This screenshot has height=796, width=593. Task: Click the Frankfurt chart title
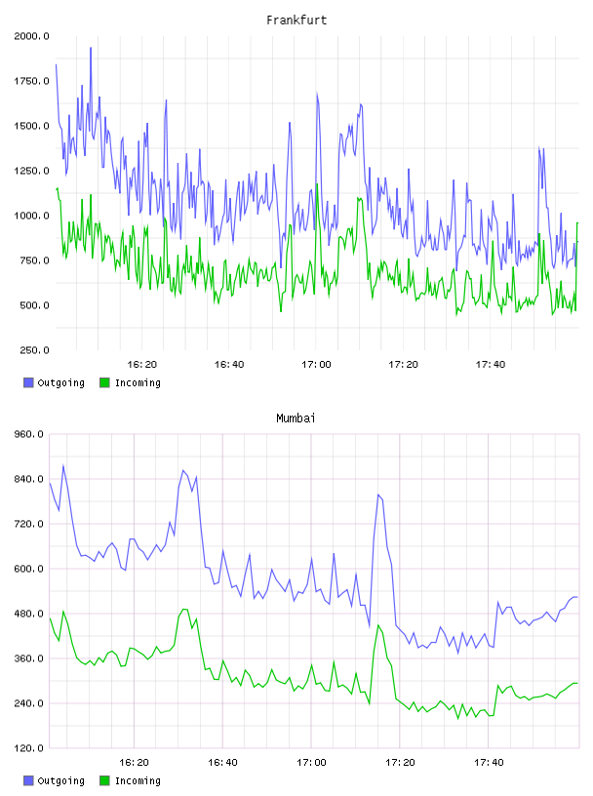pyautogui.click(x=296, y=20)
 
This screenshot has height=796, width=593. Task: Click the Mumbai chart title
pyautogui.click(x=296, y=418)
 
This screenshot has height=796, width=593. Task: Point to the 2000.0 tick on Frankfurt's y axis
pyautogui.click(x=31, y=36)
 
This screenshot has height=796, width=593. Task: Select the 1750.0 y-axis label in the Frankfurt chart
pyautogui.click(x=31, y=81)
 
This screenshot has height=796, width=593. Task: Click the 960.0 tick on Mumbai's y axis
pyautogui.click(x=29, y=434)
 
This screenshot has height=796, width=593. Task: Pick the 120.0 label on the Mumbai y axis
pyautogui.click(x=29, y=748)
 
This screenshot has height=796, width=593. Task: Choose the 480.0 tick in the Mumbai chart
pyautogui.click(x=29, y=614)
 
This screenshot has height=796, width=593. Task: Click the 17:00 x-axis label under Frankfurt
pyautogui.click(x=316, y=365)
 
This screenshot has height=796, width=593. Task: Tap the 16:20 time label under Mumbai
pyautogui.click(x=134, y=763)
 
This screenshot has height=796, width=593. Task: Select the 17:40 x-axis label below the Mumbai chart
pyautogui.click(x=489, y=763)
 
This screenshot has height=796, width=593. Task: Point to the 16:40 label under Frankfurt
pyautogui.click(x=229, y=365)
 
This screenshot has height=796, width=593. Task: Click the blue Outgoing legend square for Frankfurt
pyautogui.click(x=28, y=382)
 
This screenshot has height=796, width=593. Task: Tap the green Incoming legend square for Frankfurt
pyautogui.click(x=104, y=382)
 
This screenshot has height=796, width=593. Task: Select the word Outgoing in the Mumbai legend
pyautogui.click(x=60, y=780)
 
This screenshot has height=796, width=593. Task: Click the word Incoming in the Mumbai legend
pyautogui.click(x=138, y=780)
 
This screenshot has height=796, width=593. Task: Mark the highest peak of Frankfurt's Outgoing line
pyautogui.click(x=91, y=48)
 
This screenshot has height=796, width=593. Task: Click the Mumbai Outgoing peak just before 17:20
pyautogui.click(x=378, y=495)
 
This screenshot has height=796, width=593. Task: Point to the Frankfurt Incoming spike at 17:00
pyautogui.click(x=317, y=184)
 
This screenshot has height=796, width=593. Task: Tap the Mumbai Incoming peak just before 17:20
pyautogui.click(x=378, y=625)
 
